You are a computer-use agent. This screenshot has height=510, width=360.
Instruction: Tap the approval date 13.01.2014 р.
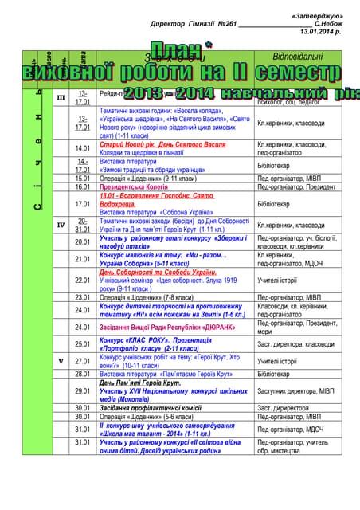pos(320,33)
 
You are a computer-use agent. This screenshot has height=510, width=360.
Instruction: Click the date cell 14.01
pos(83,148)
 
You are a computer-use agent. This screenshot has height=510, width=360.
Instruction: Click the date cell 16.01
pos(83,186)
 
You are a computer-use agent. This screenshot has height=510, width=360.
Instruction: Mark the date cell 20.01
pos(83,241)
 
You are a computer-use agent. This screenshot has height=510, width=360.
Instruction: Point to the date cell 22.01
pos(83,280)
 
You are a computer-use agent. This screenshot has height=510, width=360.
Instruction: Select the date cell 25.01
pos(83,344)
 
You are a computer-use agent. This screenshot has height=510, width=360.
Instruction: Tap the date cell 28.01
pos(83,373)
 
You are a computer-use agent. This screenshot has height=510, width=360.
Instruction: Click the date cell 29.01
pos(83,390)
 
